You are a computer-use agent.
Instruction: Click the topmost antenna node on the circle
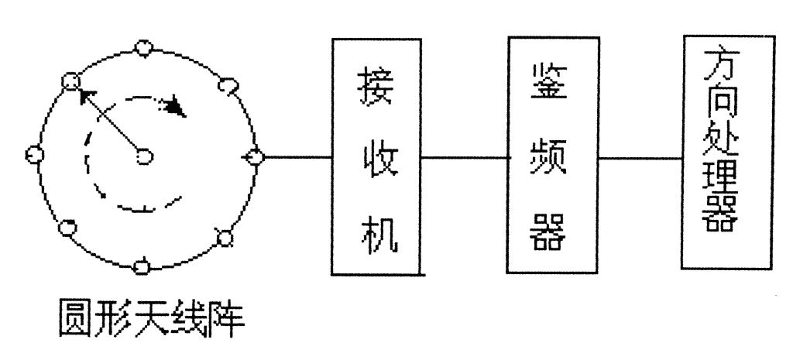point(142,48)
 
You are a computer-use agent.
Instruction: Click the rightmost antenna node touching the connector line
point(255,157)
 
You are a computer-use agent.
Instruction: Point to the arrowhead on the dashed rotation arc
point(178,106)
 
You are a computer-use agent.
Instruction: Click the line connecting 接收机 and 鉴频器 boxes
point(465,158)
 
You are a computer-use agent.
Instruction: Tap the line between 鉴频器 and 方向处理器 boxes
point(640,158)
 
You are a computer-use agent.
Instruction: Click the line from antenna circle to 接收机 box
point(298,157)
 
